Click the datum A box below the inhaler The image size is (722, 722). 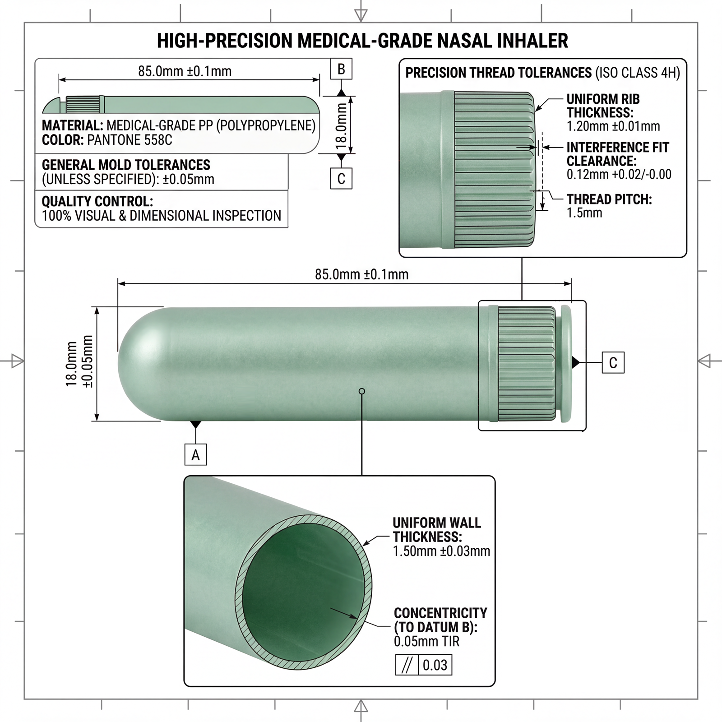(195, 454)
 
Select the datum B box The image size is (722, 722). (341, 69)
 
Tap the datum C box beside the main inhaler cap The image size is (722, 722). (613, 363)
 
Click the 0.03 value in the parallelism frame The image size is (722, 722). (435, 665)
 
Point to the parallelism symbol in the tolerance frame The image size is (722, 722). (407, 665)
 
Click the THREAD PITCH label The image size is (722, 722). (609, 199)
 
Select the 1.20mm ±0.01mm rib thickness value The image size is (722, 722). (613, 126)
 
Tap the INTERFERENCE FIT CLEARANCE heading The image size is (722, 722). (617, 154)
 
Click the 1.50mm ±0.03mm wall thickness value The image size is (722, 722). (441, 551)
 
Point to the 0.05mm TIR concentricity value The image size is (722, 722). (426, 641)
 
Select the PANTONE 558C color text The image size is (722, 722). (130, 140)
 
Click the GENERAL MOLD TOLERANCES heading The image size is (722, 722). (126, 165)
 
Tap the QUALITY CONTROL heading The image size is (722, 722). (97, 201)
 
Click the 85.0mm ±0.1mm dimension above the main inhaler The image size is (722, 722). (361, 274)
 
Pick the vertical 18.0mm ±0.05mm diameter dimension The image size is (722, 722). (79, 364)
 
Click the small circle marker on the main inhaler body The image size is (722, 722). (362, 391)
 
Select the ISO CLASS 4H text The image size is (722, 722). (638, 73)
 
